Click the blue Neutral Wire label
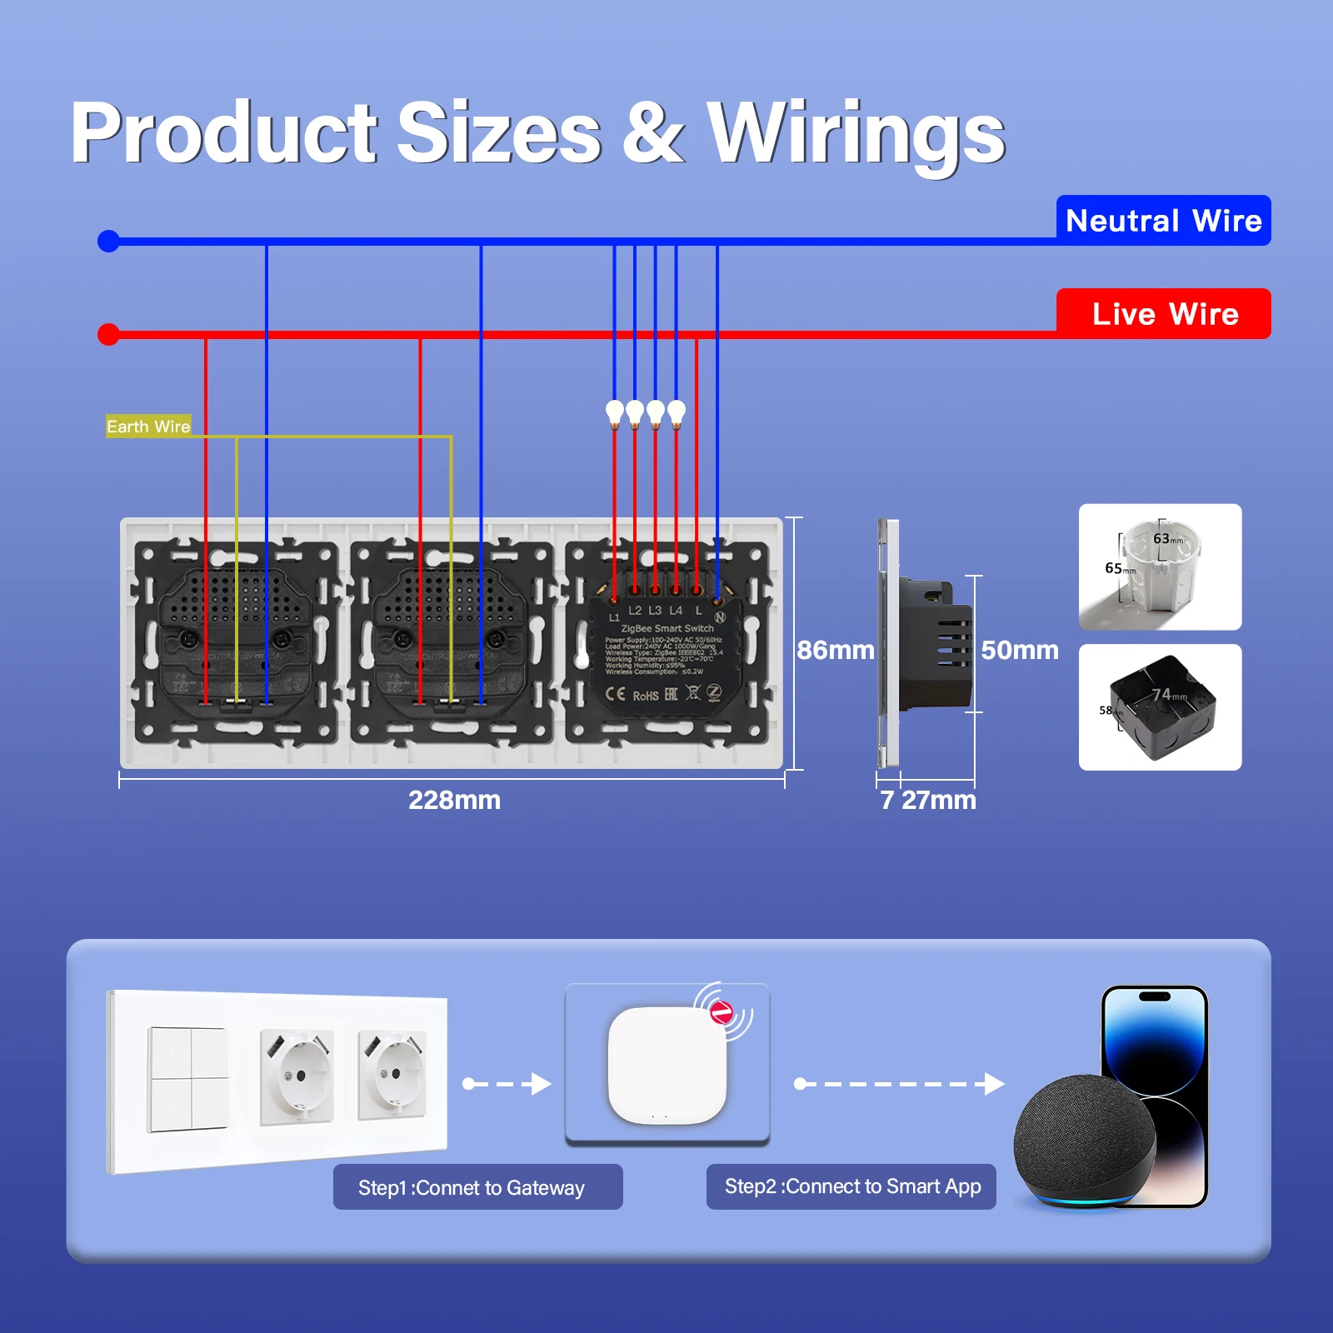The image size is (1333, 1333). pos(1163,221)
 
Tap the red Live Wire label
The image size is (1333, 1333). pos(1163,314)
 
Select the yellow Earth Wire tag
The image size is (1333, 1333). pos(148,427)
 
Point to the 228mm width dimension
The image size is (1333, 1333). pos(454,800)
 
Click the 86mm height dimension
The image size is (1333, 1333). pos(835,650)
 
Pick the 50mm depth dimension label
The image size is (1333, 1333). pos(1020,650)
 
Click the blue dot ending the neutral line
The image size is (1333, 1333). pos(108,242)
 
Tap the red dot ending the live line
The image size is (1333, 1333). pos(108,335)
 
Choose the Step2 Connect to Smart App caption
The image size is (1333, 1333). pos(851,1186)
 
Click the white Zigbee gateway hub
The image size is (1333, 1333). pos(666,1065)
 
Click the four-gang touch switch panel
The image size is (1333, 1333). pos(188,1080)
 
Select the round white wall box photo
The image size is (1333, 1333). pos(1160,567)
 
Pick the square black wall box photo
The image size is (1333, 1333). pos(1160,707)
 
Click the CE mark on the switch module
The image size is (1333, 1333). pos(615,694)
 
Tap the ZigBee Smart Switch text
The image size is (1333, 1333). pos(667,628)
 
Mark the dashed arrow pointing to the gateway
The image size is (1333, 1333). pos(507,1084)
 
